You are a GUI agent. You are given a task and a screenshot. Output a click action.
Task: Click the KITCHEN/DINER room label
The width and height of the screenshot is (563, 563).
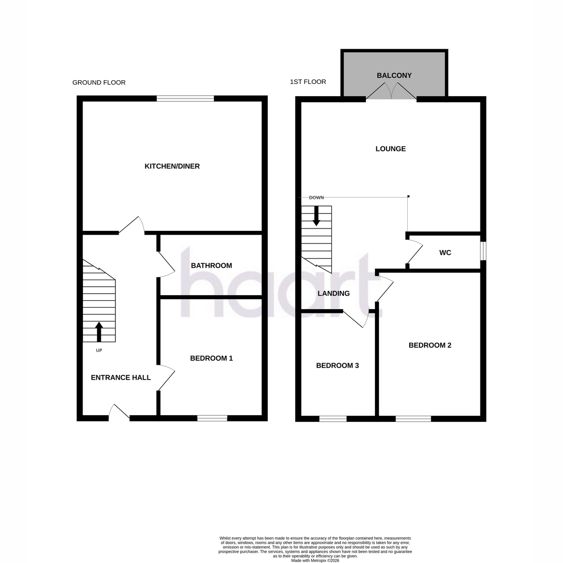172,166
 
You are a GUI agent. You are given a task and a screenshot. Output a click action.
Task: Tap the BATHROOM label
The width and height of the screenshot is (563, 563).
211,266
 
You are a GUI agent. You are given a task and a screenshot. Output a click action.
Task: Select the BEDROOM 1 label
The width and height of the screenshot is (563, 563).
211,358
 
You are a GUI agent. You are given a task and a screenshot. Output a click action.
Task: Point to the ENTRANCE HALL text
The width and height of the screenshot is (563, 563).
121,378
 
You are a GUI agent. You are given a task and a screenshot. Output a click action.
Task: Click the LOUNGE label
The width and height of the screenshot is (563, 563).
390,149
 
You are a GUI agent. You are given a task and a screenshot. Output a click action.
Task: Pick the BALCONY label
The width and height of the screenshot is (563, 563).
394,76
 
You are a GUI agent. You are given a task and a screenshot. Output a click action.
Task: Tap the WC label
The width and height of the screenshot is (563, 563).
445,252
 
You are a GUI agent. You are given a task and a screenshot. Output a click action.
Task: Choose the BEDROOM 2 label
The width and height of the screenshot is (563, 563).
430,345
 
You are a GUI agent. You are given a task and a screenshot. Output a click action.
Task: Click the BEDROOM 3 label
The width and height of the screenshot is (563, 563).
337,365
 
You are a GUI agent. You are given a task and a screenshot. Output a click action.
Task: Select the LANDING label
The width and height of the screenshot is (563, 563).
334,293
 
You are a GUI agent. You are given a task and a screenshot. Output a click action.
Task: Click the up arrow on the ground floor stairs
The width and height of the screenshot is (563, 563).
99,332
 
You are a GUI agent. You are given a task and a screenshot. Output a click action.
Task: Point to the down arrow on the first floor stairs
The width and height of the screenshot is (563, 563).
316,216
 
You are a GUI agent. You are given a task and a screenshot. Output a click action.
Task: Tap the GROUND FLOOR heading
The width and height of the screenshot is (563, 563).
99,83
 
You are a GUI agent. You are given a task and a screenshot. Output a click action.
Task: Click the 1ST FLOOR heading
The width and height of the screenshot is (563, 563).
308,82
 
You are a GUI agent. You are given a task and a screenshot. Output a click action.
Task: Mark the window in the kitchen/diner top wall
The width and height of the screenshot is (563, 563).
185,99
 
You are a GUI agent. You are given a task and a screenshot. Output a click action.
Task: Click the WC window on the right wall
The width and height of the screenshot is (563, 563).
483,251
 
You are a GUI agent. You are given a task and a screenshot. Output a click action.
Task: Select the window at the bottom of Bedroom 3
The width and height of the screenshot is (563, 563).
333,418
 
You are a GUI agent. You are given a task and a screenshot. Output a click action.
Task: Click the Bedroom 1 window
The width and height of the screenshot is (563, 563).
212,418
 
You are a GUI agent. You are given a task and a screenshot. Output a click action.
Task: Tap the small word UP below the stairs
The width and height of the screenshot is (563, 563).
99,350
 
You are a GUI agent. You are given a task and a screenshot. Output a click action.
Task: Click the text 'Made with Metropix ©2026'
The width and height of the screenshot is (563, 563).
315,561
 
